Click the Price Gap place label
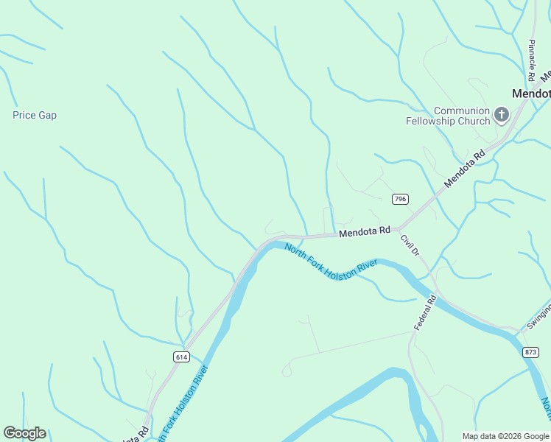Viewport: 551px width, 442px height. click(x=35, y=115)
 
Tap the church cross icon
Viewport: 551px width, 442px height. click(x=502, y=114)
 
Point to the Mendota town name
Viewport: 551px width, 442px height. click(x=531, y=94)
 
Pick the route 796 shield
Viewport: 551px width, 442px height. click(x=400, y=199)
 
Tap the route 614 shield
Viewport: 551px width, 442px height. click(x=181, y=356)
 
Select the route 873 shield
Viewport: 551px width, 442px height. click(x=530, y=353)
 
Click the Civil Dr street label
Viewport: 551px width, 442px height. click(x=410, y=245)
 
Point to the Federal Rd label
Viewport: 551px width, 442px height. click(x=425, y=312)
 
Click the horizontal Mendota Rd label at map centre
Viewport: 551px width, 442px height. click(x=364, y=232)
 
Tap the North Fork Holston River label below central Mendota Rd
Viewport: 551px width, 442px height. click(x=331, y=262)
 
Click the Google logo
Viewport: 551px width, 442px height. click(x=24, y=433)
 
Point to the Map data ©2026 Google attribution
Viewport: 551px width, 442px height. click(x=505, y=436)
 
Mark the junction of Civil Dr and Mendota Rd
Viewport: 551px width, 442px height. click(x=399, y=228)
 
